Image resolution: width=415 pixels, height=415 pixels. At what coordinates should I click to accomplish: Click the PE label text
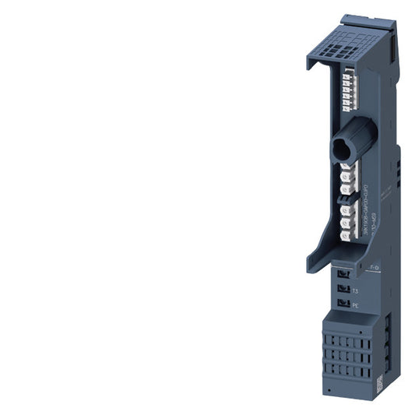(355, 306)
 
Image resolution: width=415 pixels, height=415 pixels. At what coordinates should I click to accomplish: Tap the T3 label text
(355, 290)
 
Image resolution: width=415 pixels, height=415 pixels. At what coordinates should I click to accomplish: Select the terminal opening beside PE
(343, 304)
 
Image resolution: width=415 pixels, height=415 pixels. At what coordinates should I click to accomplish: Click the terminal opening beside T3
(343, 289)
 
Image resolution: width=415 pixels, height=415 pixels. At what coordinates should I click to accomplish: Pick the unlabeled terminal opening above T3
(343, 274)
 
